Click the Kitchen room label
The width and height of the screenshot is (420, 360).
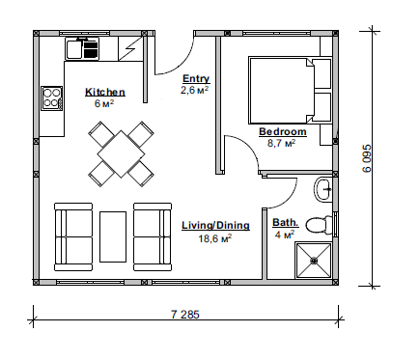coord(105,92)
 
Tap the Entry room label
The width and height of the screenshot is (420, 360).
coord(196,79)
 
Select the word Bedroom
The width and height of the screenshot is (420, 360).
coord(283,132)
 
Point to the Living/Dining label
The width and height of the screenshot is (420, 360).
coord(215,225)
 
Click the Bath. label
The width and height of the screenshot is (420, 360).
coord(286,223)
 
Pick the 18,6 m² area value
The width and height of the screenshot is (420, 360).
coord(215,238)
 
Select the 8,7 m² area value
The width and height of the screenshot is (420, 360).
coord(282,143)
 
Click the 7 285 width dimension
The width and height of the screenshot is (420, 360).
coord(185,314)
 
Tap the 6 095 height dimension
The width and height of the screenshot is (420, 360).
coord(367,158)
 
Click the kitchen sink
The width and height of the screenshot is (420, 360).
coord(82,49)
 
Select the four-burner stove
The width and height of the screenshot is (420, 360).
coord(51,98)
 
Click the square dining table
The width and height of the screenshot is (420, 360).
coord(121,153)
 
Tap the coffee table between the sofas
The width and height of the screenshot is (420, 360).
coord(113,236)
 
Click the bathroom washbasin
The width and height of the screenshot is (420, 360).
coord(322,189)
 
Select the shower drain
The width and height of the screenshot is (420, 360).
coord(314,261)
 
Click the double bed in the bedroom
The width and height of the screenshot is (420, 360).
coord(281,91)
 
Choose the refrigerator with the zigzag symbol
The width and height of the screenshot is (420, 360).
coord(130,48)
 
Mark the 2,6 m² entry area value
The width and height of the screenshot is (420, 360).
coord(194,90)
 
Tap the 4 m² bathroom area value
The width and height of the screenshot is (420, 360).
coord(285,235)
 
